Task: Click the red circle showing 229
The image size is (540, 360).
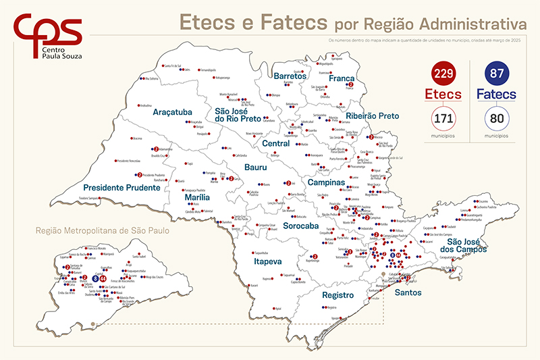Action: pyautogui.click(x=443, y=73)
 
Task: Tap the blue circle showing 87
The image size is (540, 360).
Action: pyautogui.click(x=500, y=73)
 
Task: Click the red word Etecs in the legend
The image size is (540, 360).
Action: pyautogui.click(x=443, y=94)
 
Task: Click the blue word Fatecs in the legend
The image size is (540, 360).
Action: pyautogui.click(x=500, y=94)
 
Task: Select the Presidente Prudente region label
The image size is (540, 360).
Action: pyautogui.click(x=122, y=187)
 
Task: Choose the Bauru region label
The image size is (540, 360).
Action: pyautogui.click(x=236, y=167)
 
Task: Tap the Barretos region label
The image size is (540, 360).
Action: pyautogui.click(x=290, y=76)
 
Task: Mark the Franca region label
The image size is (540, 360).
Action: pyautogui.click(x=342, y=78)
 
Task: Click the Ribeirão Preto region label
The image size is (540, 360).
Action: pyautogui.click(x=372, y=116)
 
